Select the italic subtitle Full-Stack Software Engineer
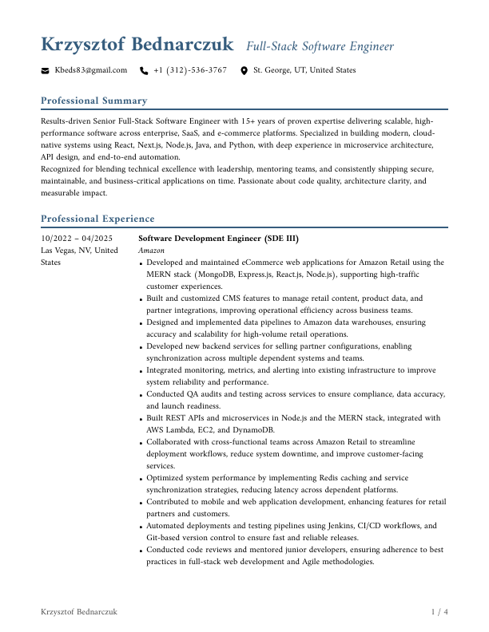tap(320, 46)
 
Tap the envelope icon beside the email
tap(45, 71)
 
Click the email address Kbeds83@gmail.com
tap(90, 70)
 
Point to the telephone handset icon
tap(144, 71)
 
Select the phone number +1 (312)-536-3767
tap(190, 70)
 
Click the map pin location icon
tap(244, 71)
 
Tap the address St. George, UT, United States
tap(304, 70)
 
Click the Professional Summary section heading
tap(93, 101)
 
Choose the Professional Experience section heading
tap(97, 219)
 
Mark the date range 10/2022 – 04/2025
tap(77, 239)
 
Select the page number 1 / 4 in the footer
tap(439, 612)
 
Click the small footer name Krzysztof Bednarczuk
tap(79, 612)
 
